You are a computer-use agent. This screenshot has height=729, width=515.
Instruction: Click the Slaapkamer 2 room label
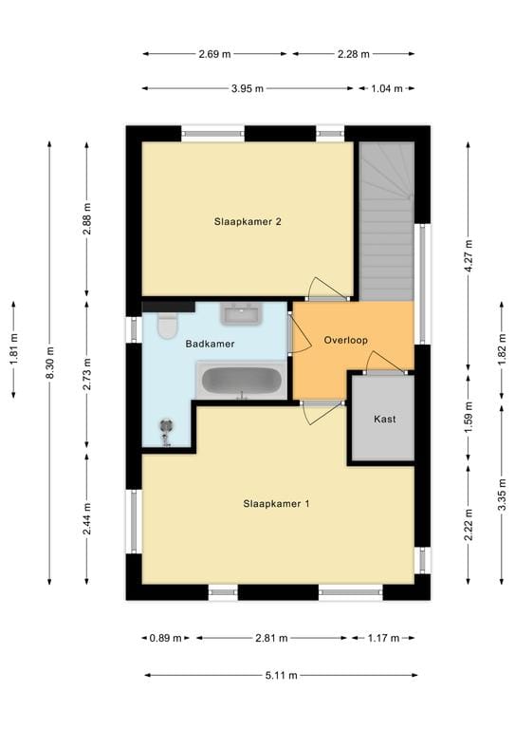248,222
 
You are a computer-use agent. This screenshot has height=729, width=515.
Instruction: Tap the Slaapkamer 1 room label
276,504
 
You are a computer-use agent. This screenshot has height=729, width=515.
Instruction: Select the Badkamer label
211,344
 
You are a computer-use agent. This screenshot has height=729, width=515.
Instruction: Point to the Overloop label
345,340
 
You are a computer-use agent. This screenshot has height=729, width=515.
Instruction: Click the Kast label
384,419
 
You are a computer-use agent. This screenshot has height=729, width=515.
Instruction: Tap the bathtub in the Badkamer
241,382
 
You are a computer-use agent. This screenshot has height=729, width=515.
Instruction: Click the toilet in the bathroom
167,326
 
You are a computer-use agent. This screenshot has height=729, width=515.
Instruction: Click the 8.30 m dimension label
50,363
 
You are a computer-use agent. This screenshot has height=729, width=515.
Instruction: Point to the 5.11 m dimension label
280,676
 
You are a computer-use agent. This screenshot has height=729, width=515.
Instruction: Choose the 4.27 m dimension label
468,255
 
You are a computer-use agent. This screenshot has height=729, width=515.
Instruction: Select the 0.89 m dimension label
164,639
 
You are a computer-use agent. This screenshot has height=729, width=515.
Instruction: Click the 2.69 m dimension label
215,54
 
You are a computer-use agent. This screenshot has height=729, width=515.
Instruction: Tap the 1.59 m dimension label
468,420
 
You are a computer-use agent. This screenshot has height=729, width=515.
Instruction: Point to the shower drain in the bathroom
167,428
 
